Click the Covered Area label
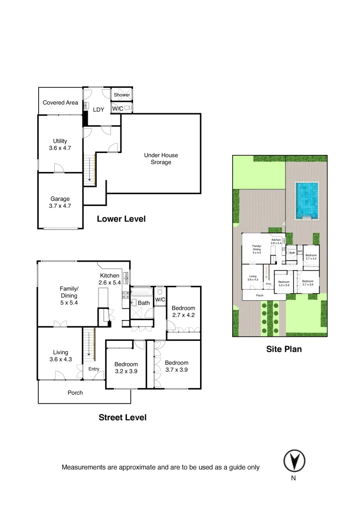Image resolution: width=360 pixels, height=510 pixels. (60, 102)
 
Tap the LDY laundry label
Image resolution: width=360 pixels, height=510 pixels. (98, 110)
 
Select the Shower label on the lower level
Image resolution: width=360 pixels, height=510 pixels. (121, 95)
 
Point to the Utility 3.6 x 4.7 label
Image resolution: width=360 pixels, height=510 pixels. (60, 144)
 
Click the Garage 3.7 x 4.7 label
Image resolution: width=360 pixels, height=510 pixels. (60, 202)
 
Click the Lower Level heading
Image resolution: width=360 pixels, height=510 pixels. (121, 219)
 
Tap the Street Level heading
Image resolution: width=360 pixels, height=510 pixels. (122, 417)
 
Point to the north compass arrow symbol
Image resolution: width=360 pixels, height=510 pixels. (294, 460)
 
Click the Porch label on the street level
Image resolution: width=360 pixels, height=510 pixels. (75, 393)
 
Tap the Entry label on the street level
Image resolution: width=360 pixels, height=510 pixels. (94, 369)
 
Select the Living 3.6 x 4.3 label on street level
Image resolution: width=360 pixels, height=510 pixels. (60, 356)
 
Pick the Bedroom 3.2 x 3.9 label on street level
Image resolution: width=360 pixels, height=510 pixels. (126, 367)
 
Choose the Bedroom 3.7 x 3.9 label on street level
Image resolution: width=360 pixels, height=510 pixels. (176, 366)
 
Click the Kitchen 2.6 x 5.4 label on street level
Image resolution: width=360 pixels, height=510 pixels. (110, 279)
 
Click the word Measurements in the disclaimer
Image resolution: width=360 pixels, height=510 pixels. (84, 467)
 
